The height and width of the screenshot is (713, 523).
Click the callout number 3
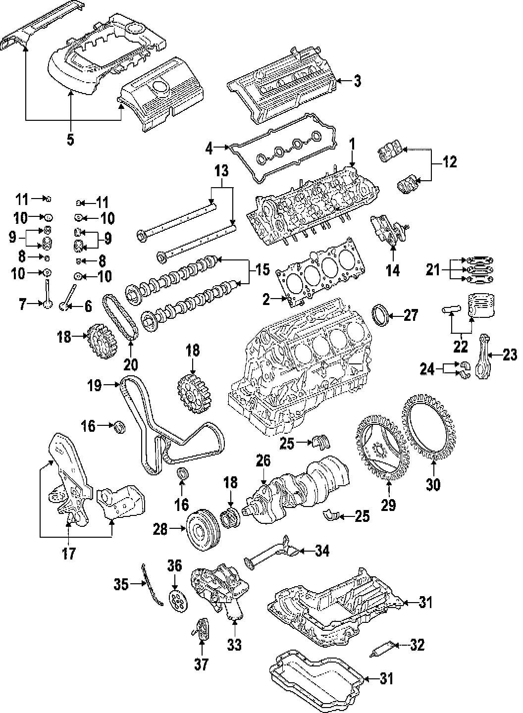point(357,81)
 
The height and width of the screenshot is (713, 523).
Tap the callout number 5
point(70,140)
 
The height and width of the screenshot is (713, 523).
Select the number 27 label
point(411,315)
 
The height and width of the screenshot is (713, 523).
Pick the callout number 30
point(433,484)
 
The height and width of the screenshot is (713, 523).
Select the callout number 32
point(418,645)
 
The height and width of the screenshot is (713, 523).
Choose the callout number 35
point(120,585)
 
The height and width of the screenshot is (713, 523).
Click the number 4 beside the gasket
point(209,147)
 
